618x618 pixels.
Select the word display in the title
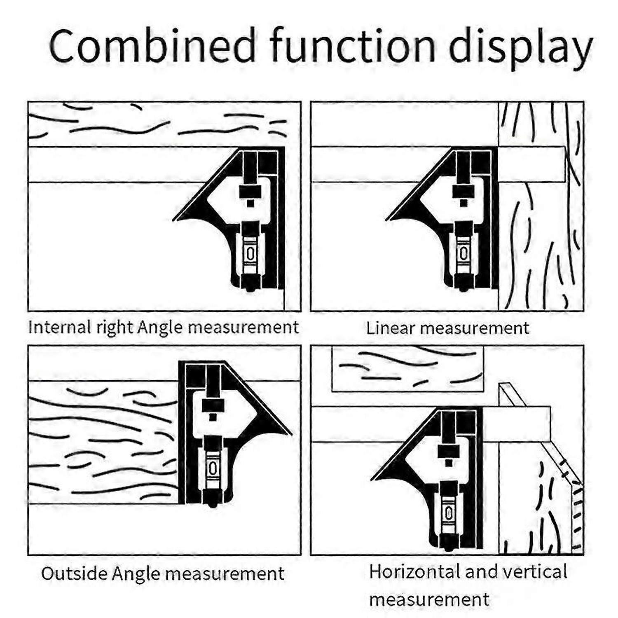point(520,49)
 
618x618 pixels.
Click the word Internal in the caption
point(60,328)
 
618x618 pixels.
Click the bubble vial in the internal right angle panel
point(250,253)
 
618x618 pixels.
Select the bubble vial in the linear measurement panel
point(463,253)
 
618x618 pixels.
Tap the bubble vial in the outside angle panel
point(213,468)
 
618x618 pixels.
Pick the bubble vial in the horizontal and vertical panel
point(449,513)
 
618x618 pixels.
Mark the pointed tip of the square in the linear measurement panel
point(388,220)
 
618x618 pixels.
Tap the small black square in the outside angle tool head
point(213,417)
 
